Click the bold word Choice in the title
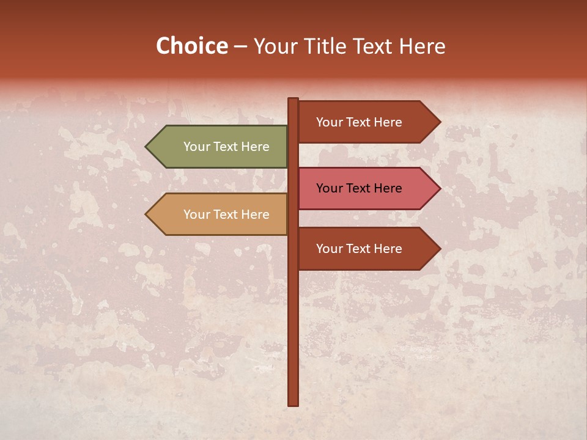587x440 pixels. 191,46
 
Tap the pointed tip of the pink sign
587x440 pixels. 439,188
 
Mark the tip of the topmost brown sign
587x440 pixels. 439,122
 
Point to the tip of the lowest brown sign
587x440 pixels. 439,249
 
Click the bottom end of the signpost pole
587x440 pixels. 293,403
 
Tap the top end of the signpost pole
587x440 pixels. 293,100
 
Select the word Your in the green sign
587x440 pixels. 196,147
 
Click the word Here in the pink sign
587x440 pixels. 388,188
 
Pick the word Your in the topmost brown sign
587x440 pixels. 329,122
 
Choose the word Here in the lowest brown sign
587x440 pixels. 388,249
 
